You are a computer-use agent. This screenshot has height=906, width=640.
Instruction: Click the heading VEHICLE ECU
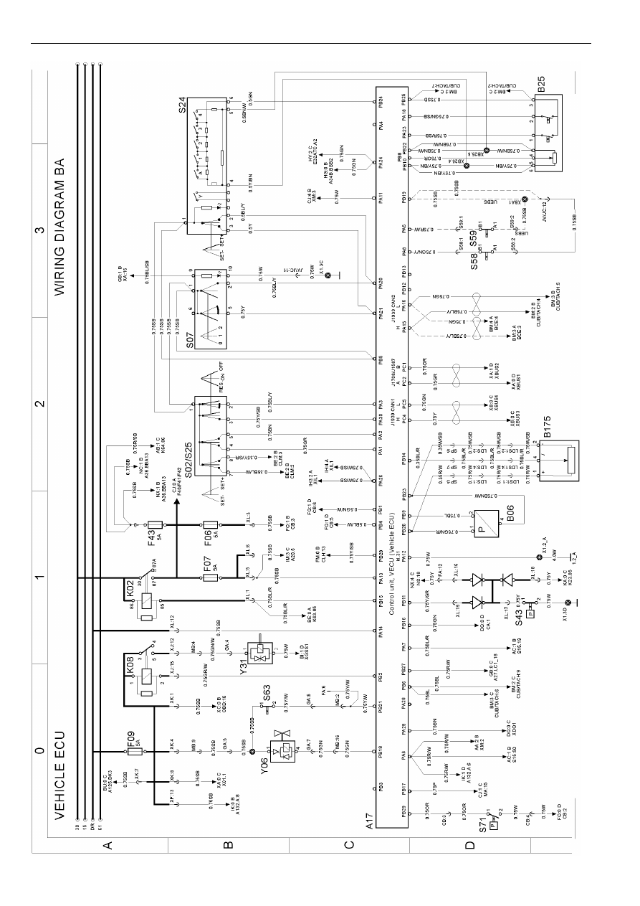pos(60,775)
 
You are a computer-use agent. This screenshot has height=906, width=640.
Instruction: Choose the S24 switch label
pos(183,108)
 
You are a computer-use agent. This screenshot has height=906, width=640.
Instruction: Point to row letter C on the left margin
pos(348,846)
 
